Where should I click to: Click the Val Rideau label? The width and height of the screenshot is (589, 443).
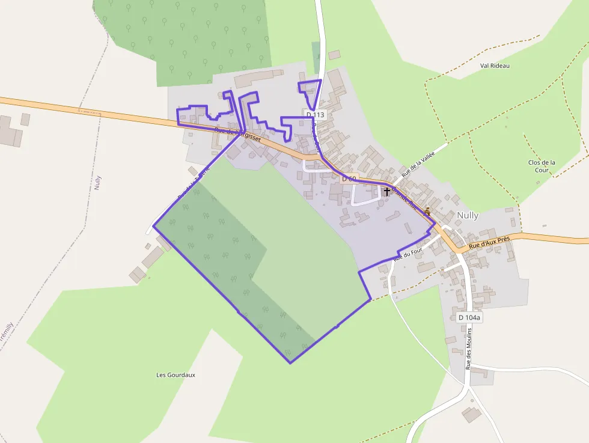pos(495,66)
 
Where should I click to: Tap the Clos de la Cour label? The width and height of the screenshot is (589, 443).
pos(542,166)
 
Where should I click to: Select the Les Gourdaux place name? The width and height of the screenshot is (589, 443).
pos(175,374)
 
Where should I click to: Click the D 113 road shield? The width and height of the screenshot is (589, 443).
pos(315,114)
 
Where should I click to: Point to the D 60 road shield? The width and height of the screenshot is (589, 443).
pos(349,179)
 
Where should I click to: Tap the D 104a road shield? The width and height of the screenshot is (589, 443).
pos(469,317)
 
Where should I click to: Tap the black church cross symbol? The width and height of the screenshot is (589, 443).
pos(386,191)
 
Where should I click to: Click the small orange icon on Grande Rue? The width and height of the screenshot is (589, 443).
pos(427,211)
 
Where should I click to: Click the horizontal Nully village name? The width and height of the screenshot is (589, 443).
pos(468,215)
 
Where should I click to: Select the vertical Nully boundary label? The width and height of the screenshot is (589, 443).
pos(98,183)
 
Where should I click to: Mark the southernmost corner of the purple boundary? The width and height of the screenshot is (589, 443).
pos(290,362)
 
